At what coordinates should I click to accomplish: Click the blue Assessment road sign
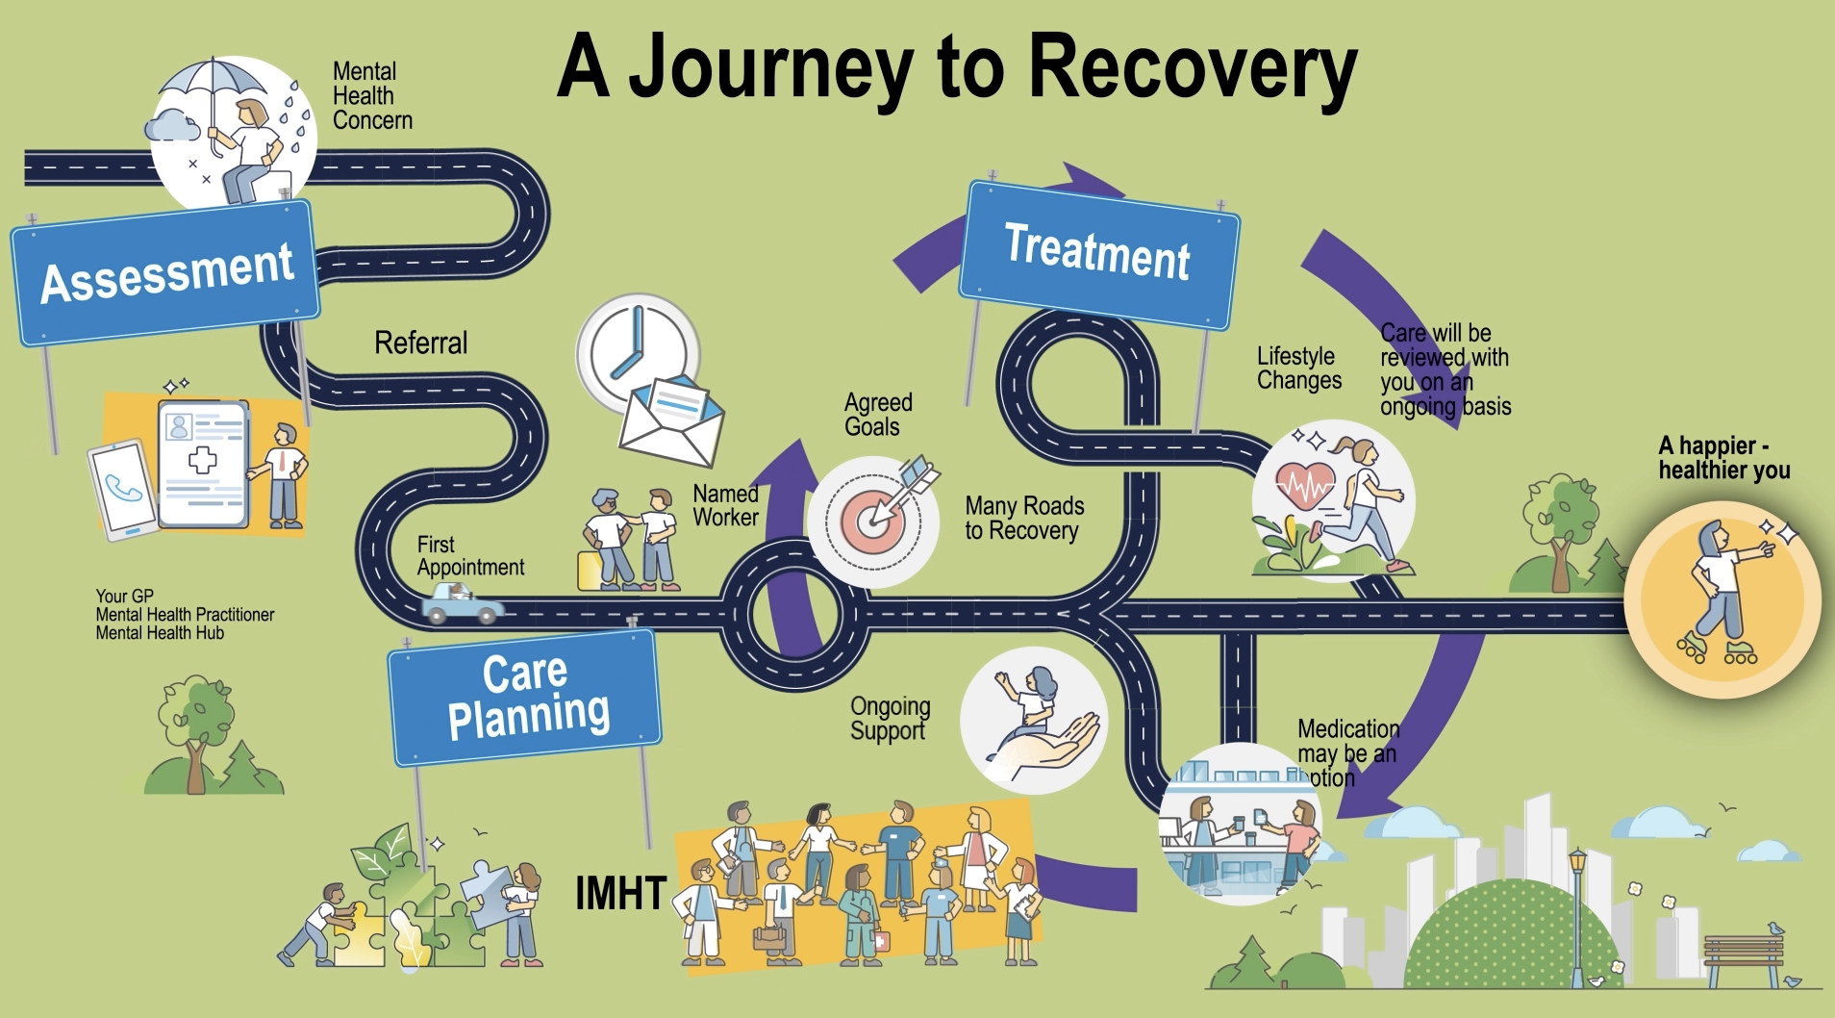coord(165,273)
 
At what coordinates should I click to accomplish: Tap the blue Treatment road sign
coord(1098,254)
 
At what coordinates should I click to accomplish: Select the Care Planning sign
coord(525,696)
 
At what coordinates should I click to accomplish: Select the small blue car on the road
coord(461,603)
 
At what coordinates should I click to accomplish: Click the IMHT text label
coord(620,893)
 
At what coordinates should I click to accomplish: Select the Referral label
coord(420,343)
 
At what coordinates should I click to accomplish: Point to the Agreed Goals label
coord(876,415)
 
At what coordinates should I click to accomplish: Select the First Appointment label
coord(469,556)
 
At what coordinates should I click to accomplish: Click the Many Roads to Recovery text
coord(1023,518)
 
